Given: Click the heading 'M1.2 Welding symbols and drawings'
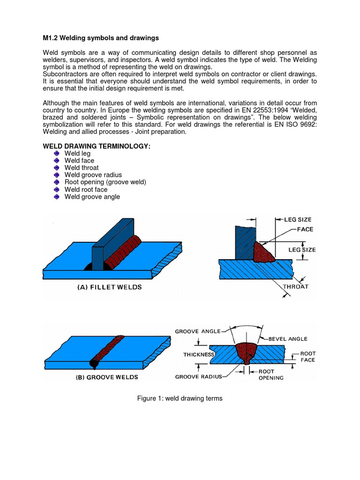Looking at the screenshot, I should point(101,37).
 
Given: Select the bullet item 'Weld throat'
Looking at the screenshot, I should point(82,168).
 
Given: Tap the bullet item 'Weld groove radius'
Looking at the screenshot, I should point(92,175).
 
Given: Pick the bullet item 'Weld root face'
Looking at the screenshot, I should point(86,189).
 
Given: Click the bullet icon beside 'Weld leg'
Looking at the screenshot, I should point(57,153).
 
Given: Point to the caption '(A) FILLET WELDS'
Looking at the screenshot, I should point(109,287).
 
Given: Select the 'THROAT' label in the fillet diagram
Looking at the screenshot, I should point(295,286).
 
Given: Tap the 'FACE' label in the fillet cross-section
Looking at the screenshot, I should point(305,229).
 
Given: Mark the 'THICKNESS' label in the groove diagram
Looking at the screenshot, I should point(199,355).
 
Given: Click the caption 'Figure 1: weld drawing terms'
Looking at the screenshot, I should point(180,398).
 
